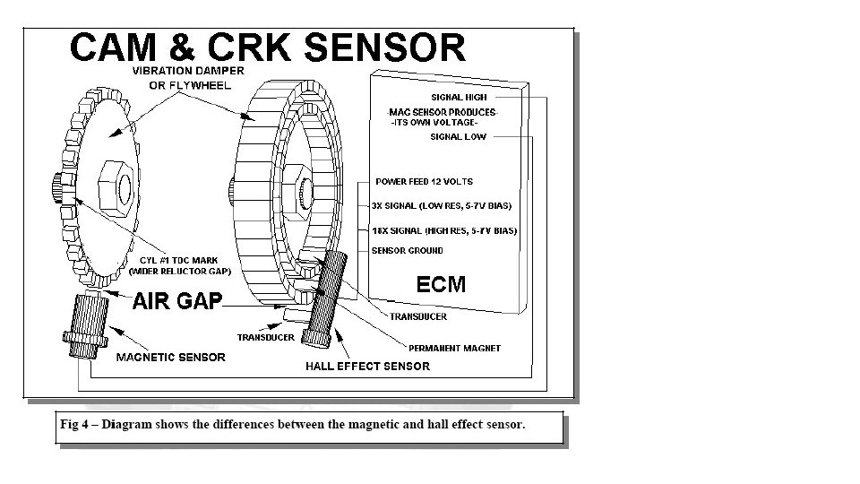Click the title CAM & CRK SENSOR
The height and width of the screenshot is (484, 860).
click(267, 47)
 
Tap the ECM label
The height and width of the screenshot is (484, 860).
click(442, 285)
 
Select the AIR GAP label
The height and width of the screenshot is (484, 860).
click(176, 301)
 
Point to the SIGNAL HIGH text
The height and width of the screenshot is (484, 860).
click(460, 97)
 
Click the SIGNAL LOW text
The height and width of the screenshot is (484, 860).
click(459, 137)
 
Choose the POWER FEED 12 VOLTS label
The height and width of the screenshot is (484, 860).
click(424, 182)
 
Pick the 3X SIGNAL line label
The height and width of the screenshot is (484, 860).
click(442, 206)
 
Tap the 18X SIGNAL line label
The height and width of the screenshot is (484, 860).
click(444, 231)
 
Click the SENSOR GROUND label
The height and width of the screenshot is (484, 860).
click(407, 251)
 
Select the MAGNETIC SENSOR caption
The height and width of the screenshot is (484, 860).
click(171, 357)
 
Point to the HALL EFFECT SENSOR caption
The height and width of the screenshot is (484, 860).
click(367, 366)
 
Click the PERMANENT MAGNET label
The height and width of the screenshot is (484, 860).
click(454, 348)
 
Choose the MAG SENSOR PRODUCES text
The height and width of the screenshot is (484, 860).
click(443, 112)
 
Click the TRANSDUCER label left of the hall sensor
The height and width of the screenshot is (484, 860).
click(265, 338)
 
